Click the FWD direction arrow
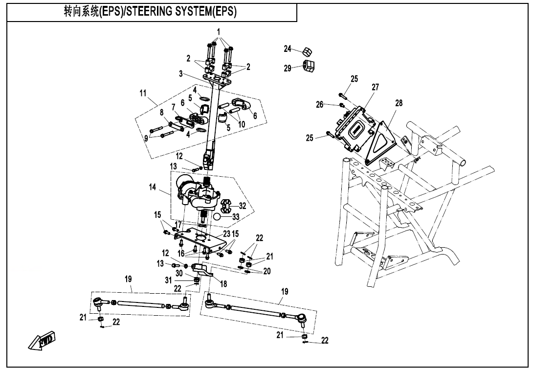tap(42, 340)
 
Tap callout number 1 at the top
tap(219, 32)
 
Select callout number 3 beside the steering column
tap(180, 74)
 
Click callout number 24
tap(288, 48)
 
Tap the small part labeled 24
tap(307, 51)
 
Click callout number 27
tap(375, 87)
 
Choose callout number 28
tap(399, 103)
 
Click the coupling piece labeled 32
tap(226, 205)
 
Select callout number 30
tap(178, 273)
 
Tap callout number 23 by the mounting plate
tap(226, 233)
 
